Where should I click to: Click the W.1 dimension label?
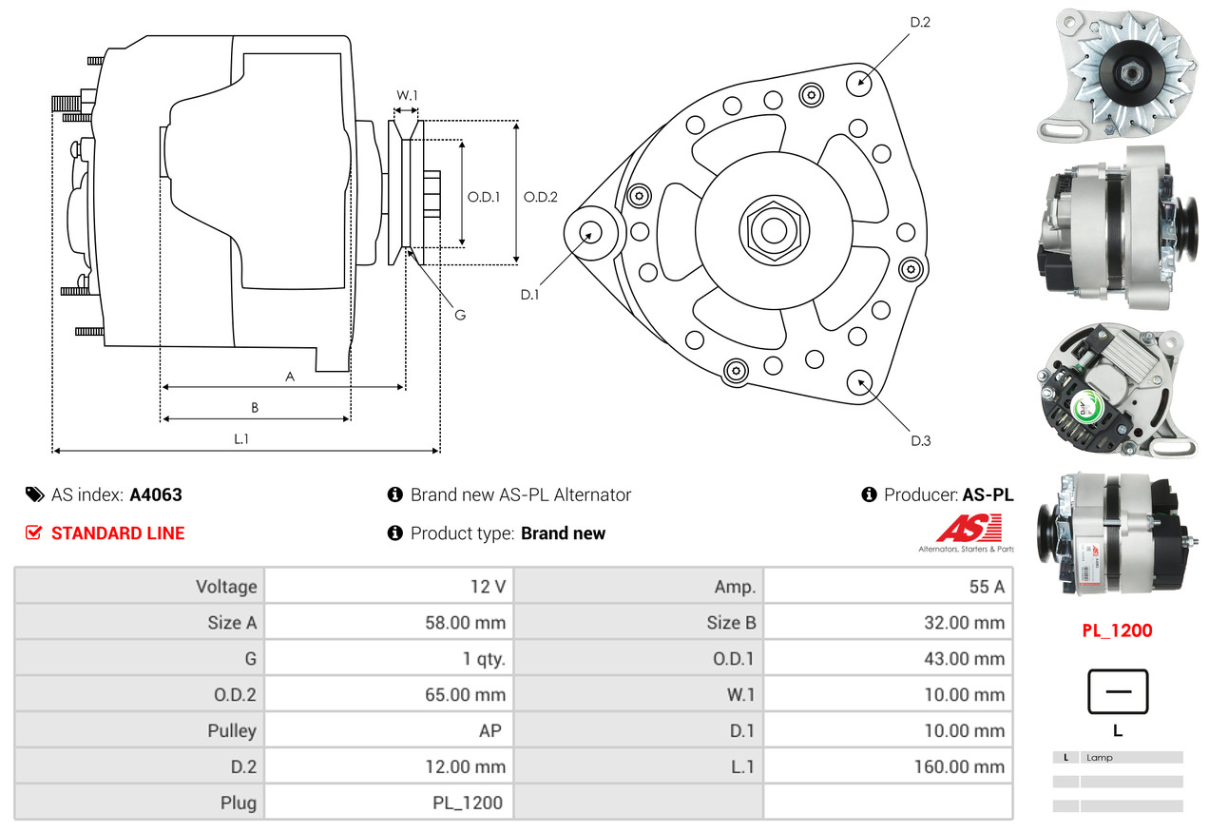(x=407, y=95)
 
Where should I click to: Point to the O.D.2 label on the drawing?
(x=541, y=197)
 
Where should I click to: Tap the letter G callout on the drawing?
(x=459, y=315)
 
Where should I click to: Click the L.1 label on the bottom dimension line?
(x=241, y=438)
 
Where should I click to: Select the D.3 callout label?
(x=920, y=440)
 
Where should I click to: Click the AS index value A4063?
(x=156, y=494)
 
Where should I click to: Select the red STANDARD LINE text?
(x=118, y=533)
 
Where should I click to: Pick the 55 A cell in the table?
(x=987, y=587)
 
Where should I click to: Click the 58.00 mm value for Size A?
(x=465, y=623)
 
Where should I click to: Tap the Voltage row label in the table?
(x=226, y=587)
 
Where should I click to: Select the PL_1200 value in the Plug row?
(x=469, y=803)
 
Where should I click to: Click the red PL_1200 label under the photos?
(x=1117, y=630)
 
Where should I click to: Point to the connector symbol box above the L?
(x=1118, y=691)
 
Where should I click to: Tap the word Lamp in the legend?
(x=1100, y=758)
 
